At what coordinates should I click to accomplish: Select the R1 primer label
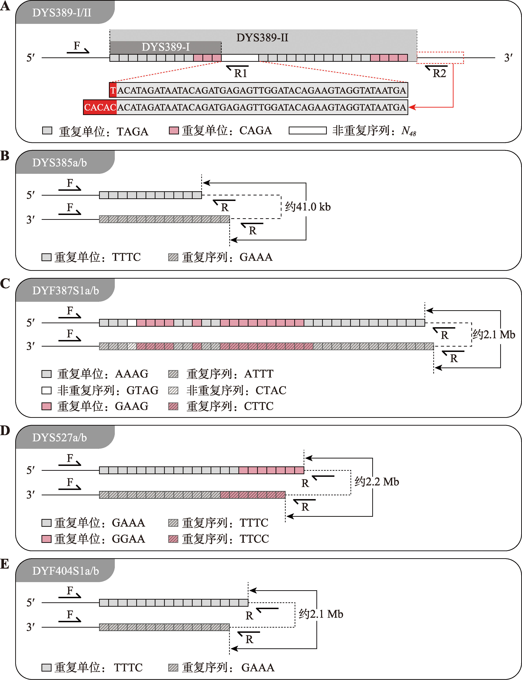pos(240,73)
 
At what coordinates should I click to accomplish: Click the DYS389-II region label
pos(262,38)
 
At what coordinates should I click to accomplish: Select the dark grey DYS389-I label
pos(166,47)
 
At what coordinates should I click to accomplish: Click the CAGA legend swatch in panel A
pos(174,131)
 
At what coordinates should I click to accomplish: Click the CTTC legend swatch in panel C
pos(173,406)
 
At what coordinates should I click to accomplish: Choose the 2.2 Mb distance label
pos(377,482)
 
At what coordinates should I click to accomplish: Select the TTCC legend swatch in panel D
pos(173,539)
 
